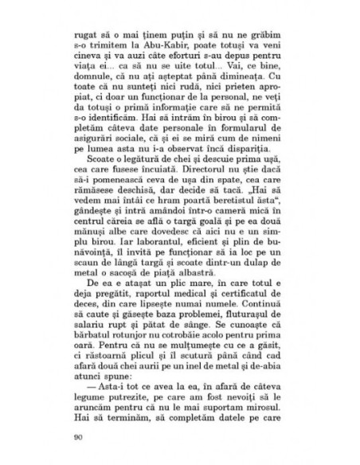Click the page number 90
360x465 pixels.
tap(78, 436)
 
